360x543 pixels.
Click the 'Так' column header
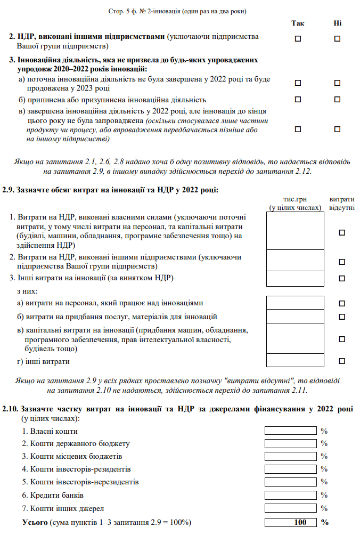pyautogui.click(x=298, y=23)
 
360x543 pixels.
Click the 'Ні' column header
pyautogui.click(x=337, y=23)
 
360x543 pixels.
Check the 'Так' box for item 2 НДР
pyautogui.click(x=298, y=38)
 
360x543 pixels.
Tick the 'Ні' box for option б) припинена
pyautogui.click(x=337, y=100)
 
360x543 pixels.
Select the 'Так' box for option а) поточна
pyautogui.click(x=298, y=83)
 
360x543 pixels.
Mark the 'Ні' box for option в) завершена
pyautogui.click(x=337, y=129)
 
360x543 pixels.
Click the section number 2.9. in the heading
pyautogui.click(x=9, y=190)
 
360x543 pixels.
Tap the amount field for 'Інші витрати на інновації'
pyautogui.click(x=295, y=278)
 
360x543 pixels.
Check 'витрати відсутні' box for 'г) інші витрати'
pyautogui.click(x=342, y=361)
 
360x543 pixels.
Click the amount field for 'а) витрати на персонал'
pyautogui.click(x=295, y=303)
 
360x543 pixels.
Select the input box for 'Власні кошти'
pyautogui.click(x=290, y=431)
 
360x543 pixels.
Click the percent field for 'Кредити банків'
pyautogui.click(x=290, y=495)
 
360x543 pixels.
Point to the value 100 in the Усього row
pyautogui.click(x=300, y=522)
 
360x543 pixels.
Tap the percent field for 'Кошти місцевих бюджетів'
pyautogui.click(x=290, y=457)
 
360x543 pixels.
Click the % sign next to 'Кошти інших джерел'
pyautogui.click(x=324, y=508)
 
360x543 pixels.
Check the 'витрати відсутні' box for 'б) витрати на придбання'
pyautogui.click(x=342, y=317)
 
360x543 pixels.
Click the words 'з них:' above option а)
pyautogui.click(x=27, y=291)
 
